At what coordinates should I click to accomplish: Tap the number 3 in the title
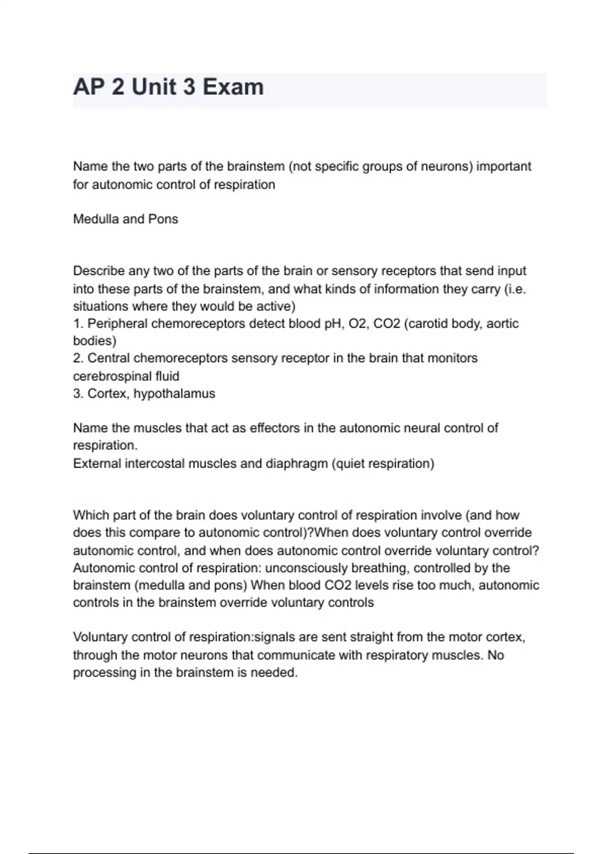[x=189, y=87]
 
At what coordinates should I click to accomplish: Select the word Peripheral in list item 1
[x=118, y=324]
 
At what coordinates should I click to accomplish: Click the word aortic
[x=502, y=324]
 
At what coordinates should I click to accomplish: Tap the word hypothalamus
[x=174, y=393]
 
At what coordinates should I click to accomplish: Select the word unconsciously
[x=306, y=568]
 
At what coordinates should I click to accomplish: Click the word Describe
[x=98, y=271]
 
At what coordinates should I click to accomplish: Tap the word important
[x=504, y=166]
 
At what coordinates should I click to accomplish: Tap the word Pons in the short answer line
[x=163, y=219]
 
